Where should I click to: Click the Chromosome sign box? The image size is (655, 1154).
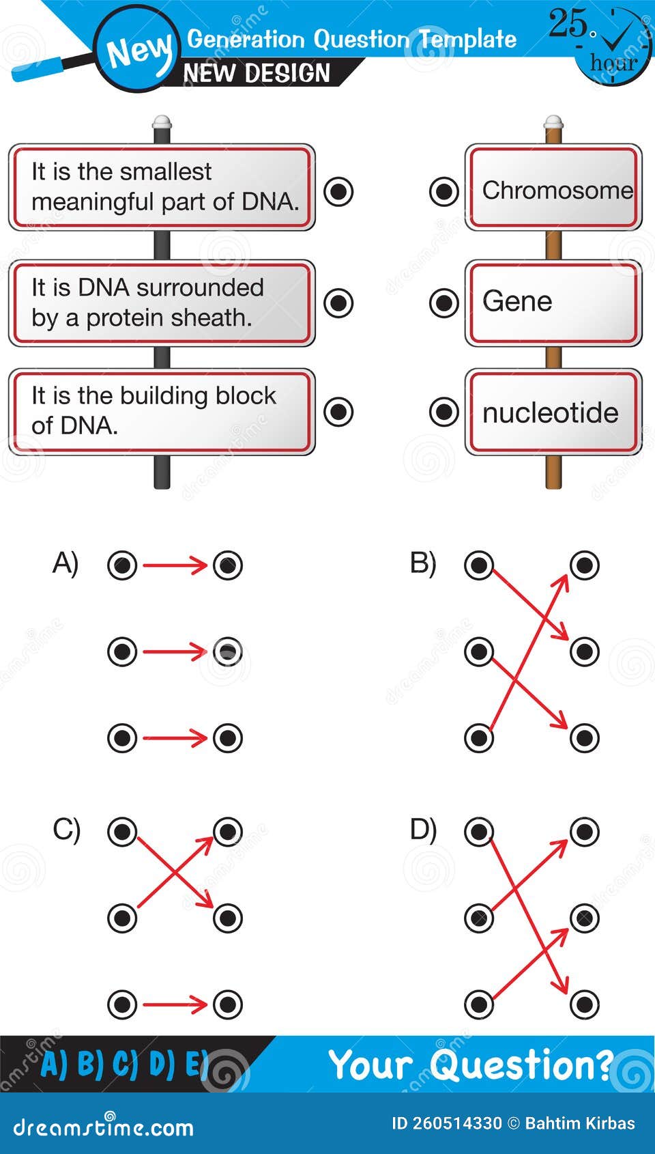(553, 188)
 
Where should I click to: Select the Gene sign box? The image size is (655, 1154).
(553, 302)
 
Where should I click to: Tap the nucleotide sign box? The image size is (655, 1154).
(553, 412)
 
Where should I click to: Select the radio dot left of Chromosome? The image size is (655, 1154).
(443, 191)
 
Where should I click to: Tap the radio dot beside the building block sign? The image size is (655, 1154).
(338, 412)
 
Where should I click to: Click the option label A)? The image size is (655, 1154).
(65, 564)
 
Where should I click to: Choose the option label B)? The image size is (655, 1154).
(423, 564)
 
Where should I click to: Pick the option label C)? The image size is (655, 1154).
(66, 830)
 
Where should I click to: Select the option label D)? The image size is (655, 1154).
(423, 830)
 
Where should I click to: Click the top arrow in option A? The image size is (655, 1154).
(175, 565)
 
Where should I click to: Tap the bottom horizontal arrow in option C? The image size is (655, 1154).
(175, 1004)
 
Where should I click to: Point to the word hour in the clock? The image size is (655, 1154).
(613, 63)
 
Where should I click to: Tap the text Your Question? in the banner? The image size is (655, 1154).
(471, 1065)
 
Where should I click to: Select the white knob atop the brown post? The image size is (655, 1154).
(553, 122)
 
